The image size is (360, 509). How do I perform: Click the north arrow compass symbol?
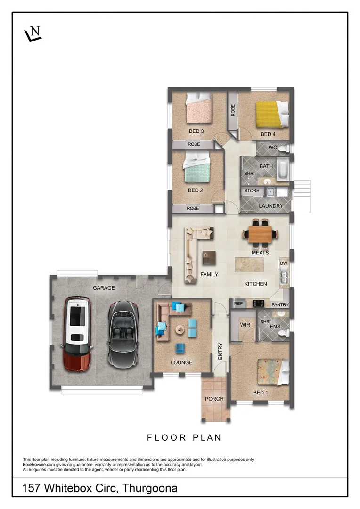pyautogui.click(x=33, y=34)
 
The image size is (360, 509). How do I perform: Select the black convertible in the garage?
pyautogui.click(x=123, y=335)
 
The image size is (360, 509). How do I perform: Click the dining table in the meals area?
pyautogui.click(x=261, y=233)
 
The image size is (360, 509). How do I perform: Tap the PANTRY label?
pyautogui.click(x=280, y=305)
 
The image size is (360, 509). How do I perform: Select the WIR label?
pyautogui.click(x=245, y=325)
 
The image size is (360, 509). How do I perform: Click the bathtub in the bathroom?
pyautogui.click(x=281, y=170)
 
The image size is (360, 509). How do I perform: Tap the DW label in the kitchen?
pyautogui.click(x=284, y=263)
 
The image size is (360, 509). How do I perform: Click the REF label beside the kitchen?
pyautogui.click(x=238, y=304)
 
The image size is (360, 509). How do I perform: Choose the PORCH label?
pyautogui.click(x=214, y=399)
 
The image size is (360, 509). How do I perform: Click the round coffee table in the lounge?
pyautogui.click(x=180, y=329)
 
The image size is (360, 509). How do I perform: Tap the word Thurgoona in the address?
pyautogui.click(x=150, y=488)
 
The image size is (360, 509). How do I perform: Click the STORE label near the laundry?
pyautogui.click(x=252, y=191)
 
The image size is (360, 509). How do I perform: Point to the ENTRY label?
pyautogui.click(x=220, y=351)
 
